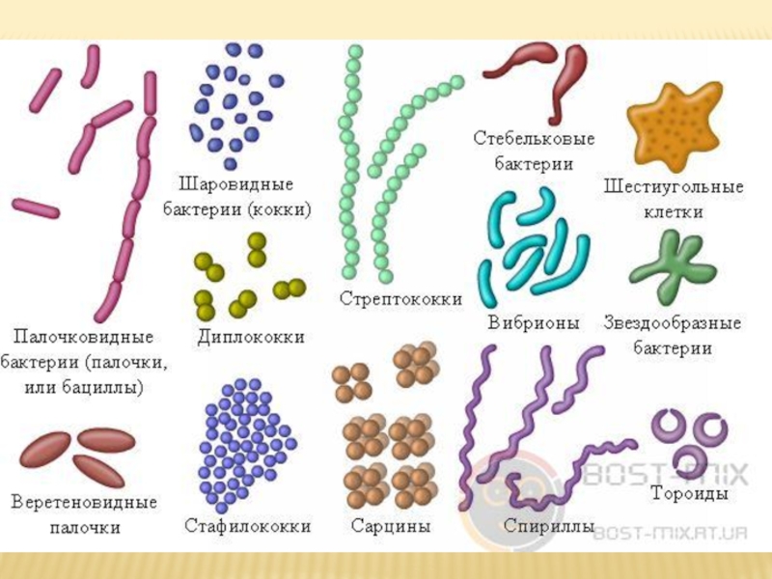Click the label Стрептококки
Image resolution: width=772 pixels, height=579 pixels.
[400, 298]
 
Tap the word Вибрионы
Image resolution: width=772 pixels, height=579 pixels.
[534, 323]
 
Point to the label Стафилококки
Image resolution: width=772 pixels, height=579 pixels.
[248, 526]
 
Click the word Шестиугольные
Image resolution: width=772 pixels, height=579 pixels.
[673, 186]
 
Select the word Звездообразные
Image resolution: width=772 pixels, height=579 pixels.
[673, 323]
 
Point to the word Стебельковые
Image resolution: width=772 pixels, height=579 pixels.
[534, 140]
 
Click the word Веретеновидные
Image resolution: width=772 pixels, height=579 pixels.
[85, 503]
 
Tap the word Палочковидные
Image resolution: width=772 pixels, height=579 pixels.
[83, 338]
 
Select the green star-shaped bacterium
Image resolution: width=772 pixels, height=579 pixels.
[672, 267]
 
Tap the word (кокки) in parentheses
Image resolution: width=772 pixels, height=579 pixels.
[278, 208]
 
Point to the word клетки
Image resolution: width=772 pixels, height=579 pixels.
[673, 211]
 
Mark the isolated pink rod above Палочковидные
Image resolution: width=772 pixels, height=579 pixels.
[36, 207]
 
